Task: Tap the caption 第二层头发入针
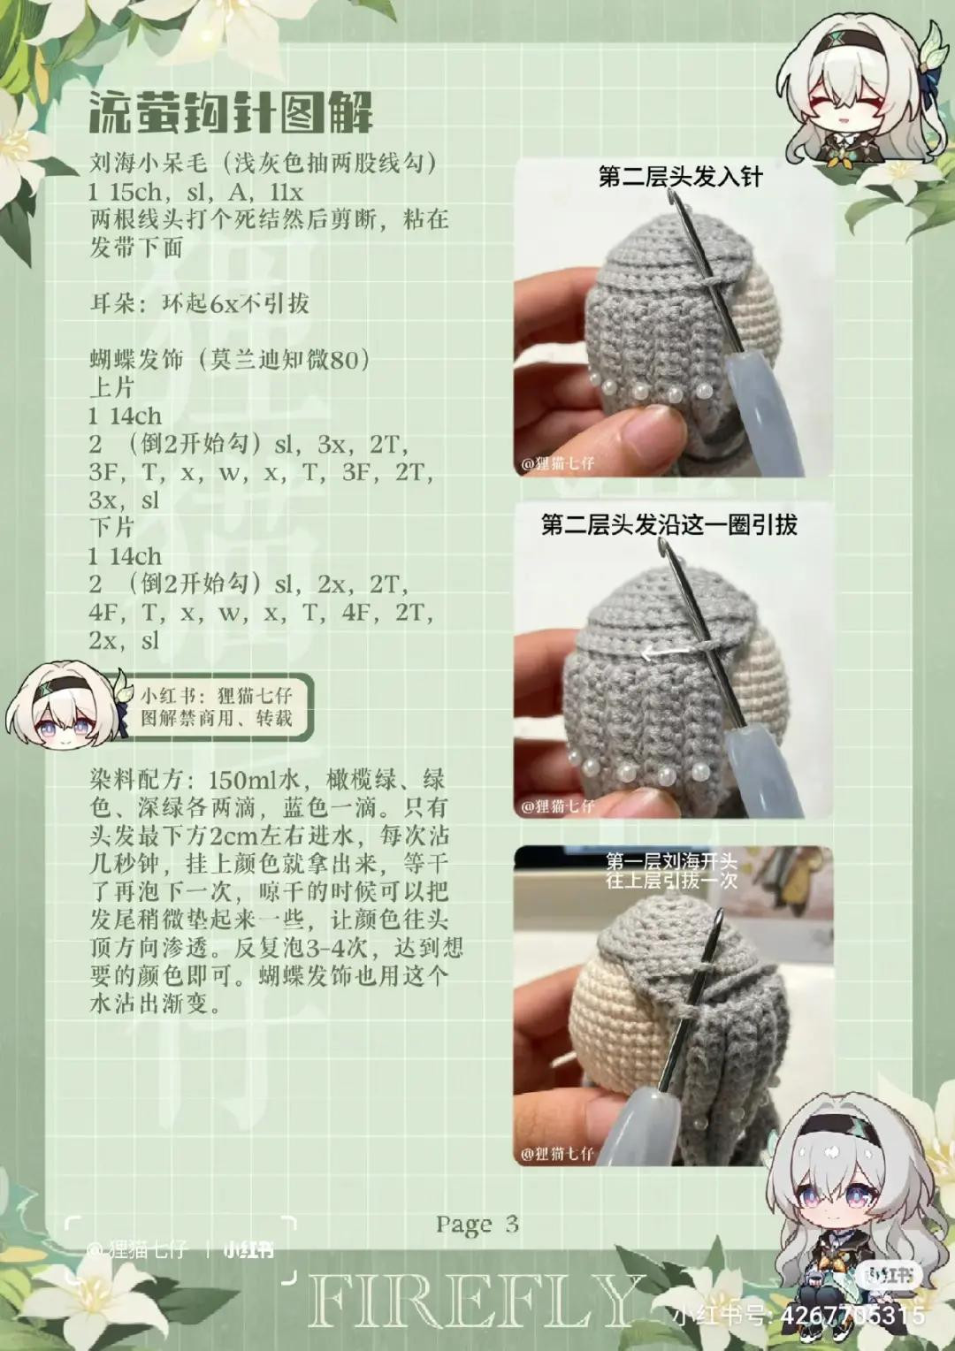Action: tap(680, 177)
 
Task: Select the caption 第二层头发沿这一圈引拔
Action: tap(669, 525)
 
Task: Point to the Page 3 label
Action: tap(477, 1225)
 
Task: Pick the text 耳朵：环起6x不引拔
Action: tap(200, 304)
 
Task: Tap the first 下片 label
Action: tap(111, 528)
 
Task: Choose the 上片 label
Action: tap(111, 388)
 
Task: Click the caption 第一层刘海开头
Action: tap(671, 860)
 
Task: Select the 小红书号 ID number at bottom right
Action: tap(852, 1316)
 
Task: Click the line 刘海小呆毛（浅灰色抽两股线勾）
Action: tap(264, 164)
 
